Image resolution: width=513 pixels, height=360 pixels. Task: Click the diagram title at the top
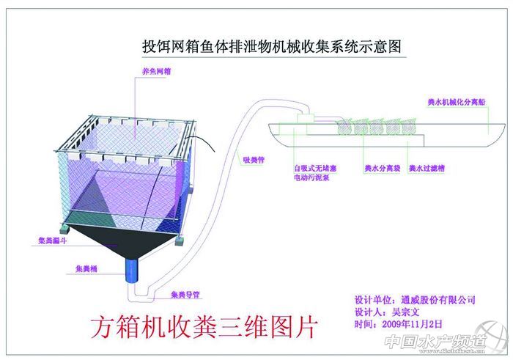(272, 47)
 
